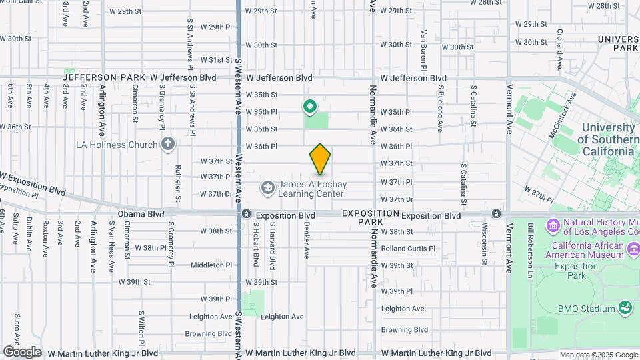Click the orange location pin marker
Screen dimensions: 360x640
(320, 159)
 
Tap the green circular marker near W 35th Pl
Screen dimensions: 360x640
(310, 106)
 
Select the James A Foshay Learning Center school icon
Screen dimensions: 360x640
(268, 188)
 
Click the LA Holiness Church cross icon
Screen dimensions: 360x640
(168, 144)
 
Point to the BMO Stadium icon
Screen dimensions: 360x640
(625, 308)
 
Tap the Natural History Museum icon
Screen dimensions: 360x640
(553, 227)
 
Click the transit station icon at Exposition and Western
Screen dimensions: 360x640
(247, 215)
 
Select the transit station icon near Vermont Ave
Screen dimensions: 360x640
(496, 214)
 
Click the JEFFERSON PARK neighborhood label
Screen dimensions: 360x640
(104, 77)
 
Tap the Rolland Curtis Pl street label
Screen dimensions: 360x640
(407, 249)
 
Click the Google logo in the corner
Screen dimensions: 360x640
(22, 351)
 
